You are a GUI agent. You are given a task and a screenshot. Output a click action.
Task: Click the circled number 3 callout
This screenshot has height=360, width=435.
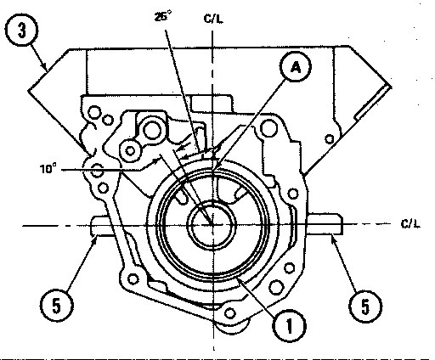[21, 30]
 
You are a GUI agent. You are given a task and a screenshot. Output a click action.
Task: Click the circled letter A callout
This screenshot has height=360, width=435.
[296, 67]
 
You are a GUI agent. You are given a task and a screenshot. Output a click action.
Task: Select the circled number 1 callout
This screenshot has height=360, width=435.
[289, 325]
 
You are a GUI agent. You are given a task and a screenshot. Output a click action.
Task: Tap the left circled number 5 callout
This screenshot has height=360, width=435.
[57, 306]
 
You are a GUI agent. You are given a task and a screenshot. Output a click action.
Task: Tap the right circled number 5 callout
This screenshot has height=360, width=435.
[365, 306]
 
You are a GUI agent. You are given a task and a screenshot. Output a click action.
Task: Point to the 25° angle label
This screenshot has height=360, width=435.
[163, 16]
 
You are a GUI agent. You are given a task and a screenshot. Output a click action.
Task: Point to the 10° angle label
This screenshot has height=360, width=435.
[48, 169]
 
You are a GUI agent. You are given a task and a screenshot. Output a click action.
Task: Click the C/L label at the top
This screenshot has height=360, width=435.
[213, 19]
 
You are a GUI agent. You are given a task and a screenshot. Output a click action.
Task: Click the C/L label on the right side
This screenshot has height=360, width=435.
[410, 223]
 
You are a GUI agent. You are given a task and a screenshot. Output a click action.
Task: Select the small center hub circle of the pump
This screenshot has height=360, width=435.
[212, 225]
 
